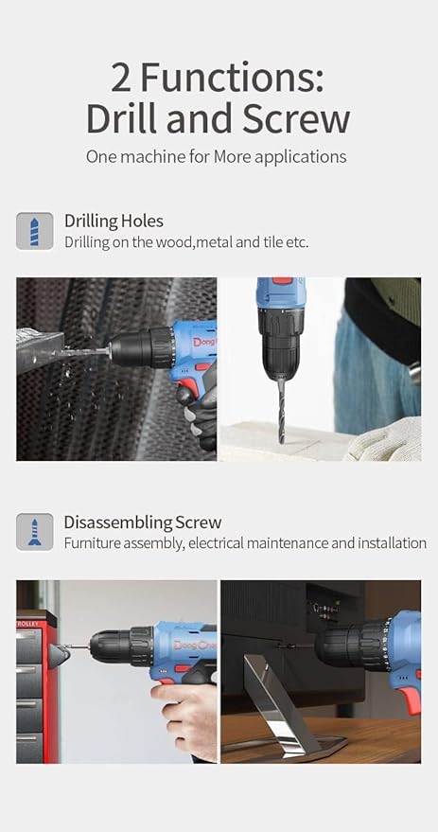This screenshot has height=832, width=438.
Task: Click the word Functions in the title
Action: (232, 78)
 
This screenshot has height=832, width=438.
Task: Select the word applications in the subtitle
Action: (300, 157)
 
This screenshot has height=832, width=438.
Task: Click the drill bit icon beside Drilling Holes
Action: (34, 231)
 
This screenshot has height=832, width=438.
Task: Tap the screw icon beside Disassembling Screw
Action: (34, 532)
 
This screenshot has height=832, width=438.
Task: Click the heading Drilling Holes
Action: (114, 221)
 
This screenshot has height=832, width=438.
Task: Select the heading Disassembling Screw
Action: (143, 522)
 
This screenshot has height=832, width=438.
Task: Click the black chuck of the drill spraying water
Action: (141, 346)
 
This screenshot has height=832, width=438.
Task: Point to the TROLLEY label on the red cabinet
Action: (28, 624)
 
